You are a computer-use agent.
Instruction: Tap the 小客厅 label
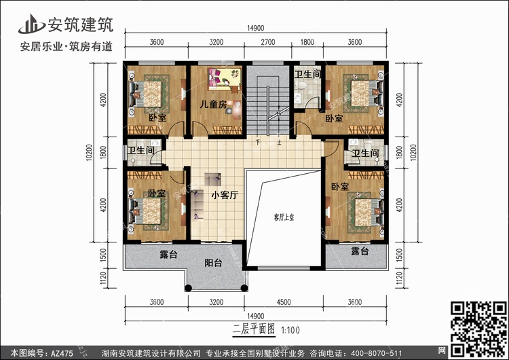223,195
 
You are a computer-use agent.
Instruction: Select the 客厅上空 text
283,217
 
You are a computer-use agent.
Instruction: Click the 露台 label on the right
360,251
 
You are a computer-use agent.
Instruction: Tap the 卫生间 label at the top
308,73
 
